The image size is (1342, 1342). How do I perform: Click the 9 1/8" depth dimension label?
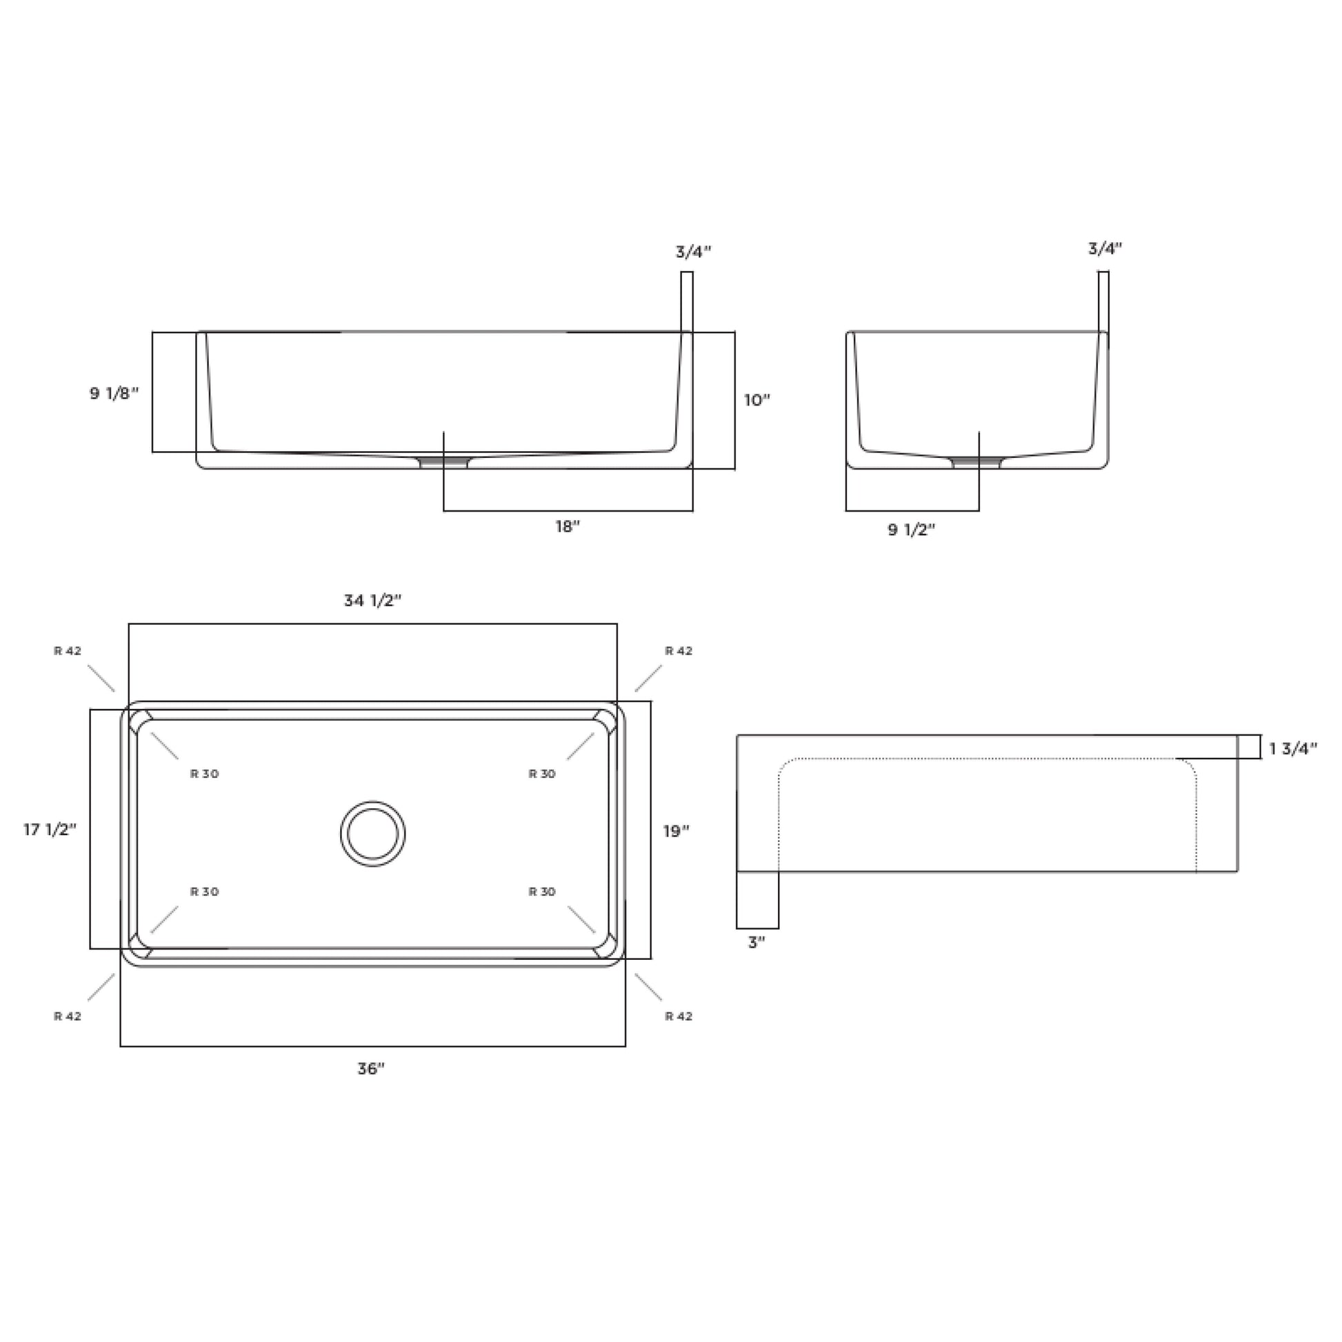114,394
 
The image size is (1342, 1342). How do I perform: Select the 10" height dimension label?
757,401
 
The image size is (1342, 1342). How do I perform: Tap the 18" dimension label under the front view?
567,527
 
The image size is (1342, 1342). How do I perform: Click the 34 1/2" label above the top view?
373,601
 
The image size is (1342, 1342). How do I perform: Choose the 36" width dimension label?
371,1069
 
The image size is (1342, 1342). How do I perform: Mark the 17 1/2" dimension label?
50,830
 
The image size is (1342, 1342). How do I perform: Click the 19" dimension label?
675,831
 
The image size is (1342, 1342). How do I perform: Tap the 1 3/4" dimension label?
1292,749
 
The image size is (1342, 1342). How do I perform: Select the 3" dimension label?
757,943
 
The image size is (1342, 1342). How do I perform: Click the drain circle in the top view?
373,834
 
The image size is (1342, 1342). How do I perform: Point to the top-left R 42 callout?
68,651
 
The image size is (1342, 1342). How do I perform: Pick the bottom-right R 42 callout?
679,1016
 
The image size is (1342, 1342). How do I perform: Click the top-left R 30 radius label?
204,774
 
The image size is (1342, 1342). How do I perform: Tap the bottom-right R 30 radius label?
542,892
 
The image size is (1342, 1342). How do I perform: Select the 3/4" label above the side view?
1105,249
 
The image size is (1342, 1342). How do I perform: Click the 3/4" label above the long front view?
693,252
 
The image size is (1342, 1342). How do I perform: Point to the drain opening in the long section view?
445,461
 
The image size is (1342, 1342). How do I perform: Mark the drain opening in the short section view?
977,462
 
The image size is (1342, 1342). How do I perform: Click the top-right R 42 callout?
679,651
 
